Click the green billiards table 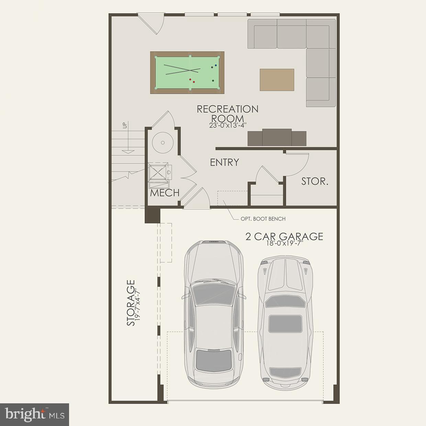pyautogui.click(x=187, y=72)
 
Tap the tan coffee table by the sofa pyautogui.click(x=277, y=80)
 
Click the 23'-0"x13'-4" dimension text pyautogui.click(x=227, y=125)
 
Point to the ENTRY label pyautogui.click(x=224, y=162)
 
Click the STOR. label pyautogui.click(x=315, y=181)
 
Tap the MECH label pyautogui.click(x=165, y=193)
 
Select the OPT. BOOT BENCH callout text pyautogui.click(x=263, y=219)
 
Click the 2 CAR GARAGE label pyautogui.click(x=284, y=236)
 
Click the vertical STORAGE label pyautogui.click(x=131, y=303)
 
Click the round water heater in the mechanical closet pyautogui.click(x=163, y=142)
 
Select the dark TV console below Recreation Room pyautogui.click(x=277, y=138)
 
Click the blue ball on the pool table pyautogui.click(x=215, y=65)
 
